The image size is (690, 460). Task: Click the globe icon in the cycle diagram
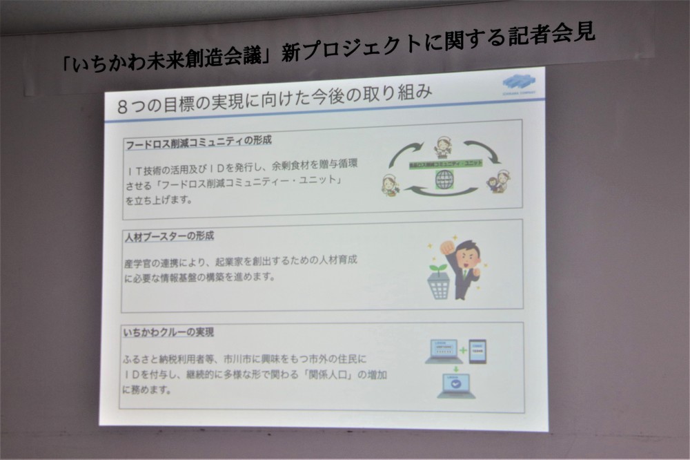click(x=444, y=180)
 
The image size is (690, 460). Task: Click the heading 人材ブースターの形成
click(x=170, y=236)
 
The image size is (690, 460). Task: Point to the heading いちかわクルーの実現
click(x=168, y=333)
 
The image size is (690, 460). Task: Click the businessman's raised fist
click(x=446, y=245)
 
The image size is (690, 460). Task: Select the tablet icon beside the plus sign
click(x=477, y=350)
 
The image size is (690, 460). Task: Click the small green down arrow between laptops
click(x=455, y=367)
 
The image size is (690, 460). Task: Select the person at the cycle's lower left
click(x=391, y=184)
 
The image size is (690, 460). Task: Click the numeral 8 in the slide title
click(x=124, y=106)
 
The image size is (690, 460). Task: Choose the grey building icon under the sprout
click(x=438, y=285)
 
